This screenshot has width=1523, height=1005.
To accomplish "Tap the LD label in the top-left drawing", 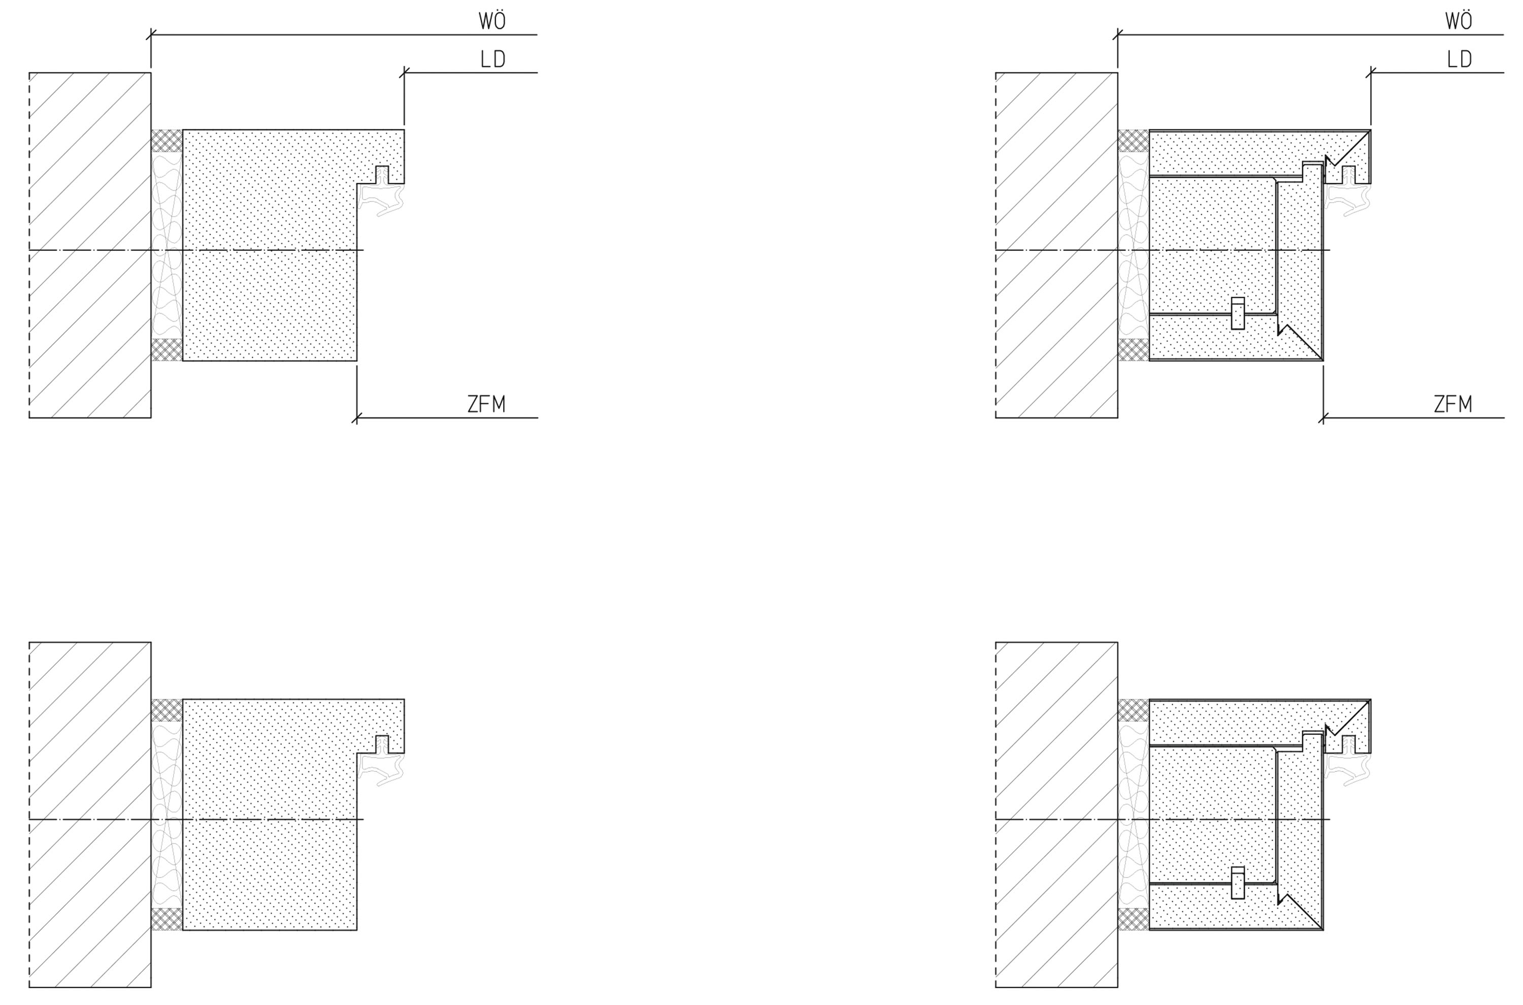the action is (493, 59).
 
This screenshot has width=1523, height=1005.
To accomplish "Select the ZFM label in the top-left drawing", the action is (486, 404).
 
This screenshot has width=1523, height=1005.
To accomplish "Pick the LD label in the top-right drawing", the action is (1460, 59).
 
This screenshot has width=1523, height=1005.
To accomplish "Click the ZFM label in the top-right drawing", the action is (1453, 404).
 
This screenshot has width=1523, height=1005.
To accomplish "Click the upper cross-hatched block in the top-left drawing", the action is (167, 140).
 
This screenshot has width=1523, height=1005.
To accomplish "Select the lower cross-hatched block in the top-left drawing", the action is (167, 350).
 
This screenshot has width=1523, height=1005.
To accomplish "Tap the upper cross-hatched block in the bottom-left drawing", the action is (167, 710).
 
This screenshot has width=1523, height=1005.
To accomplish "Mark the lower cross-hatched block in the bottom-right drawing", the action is (1134, 919).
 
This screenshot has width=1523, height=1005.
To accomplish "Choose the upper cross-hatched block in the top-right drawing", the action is (1134, 140).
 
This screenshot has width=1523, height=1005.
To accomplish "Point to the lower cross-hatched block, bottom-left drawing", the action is (167, 919).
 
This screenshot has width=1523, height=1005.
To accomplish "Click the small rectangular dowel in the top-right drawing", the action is (1238, 313).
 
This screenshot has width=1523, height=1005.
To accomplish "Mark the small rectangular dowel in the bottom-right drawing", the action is (1238, 883).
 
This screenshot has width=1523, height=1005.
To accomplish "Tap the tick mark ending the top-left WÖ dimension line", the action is (151, 35).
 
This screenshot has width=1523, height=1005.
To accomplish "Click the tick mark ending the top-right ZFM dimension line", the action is (1323, 418).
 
